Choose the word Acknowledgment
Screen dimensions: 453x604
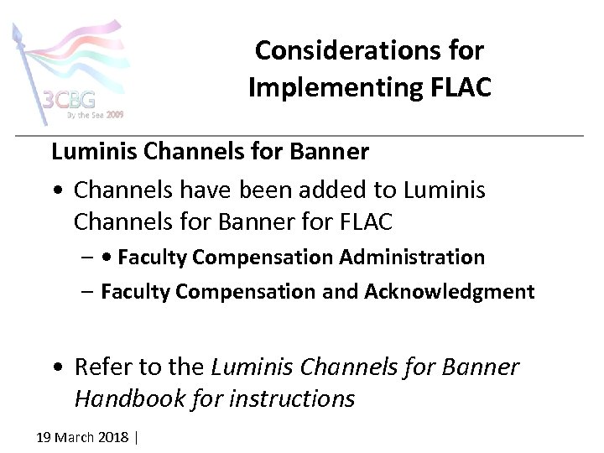pos(449,291)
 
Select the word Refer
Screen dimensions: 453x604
pos(100,367)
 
